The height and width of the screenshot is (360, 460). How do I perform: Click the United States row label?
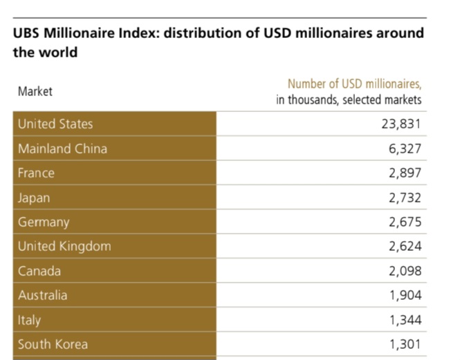(x=55, y=124)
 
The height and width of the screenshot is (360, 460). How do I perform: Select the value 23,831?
(x=399, y=124)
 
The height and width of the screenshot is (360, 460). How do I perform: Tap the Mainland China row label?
(x=62, y=149)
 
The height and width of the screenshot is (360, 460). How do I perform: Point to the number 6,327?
(x=405, y=149)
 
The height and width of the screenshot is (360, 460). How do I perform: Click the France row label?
(x=36, y=173)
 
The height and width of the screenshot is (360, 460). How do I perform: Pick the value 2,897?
(x=405, y=173)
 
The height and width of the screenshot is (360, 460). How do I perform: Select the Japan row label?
(x=34, y=198)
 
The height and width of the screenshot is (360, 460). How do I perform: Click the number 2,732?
(x=405, y=198)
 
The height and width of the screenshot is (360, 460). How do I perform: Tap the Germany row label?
(x=44, y=222)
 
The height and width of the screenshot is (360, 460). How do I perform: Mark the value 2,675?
(x=405, y=222)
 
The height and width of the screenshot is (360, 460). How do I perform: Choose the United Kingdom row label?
(x=64, y=247)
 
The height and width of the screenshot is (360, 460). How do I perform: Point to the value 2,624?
(x=405, y=247)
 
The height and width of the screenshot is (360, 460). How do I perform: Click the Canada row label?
(x=39, y=271)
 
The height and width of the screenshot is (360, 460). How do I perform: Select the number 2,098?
(x=405, y=271)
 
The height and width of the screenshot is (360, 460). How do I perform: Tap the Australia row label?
(x=43, y=295)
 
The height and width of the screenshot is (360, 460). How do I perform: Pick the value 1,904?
(x=405, y=295)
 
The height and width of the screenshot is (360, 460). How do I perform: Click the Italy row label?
(x=29, y=320)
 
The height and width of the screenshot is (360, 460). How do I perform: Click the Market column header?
(x=35, y=91)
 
